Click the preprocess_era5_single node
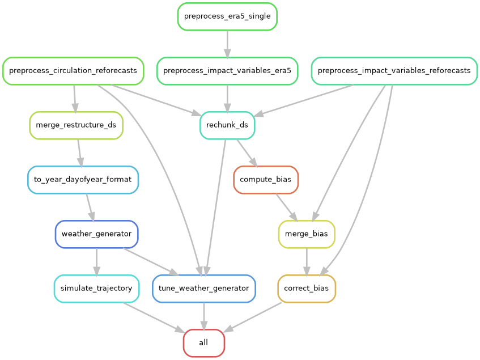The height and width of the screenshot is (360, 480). [x=227, y=16]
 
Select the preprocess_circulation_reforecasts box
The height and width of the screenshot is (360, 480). [x=73, y=71]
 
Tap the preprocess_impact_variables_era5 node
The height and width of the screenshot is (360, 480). [x=227, y=71]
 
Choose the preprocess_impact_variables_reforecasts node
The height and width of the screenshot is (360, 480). [x=394, y=71]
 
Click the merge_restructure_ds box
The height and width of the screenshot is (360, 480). [x=76, y=125]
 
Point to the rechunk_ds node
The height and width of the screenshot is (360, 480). [x=227, y=125]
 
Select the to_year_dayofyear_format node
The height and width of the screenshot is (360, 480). [x=83, y=180]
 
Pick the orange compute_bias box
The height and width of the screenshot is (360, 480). [x=266, y=180]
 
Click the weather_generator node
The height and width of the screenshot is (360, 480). [x=96, y=234]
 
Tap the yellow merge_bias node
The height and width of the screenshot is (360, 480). [x=307, y=234]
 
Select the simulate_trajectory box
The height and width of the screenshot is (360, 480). [x=96, y=289]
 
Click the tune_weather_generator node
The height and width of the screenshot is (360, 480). [x=204, y=289]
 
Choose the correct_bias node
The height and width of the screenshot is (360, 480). [x=307, y=289]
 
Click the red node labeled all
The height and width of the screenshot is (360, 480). [x=204, y=343]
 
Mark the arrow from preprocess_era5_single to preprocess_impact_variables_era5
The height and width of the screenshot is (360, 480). [x=227, y=44]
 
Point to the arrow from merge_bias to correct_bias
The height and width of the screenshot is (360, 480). [x=307, y=261]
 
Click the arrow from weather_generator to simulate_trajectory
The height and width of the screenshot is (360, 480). [x=96, y=261]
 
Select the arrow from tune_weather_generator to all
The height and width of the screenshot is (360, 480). [x=204, y=316]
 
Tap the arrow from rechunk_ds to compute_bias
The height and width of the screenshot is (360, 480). [x=247, y=153]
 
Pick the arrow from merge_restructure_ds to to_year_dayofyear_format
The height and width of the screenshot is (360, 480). [x=79, y=153]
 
